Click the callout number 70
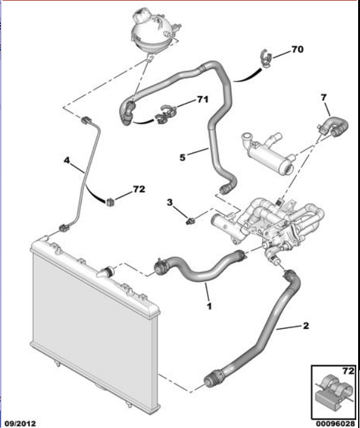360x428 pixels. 297,50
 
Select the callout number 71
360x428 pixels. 203,99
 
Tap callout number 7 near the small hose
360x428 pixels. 324,97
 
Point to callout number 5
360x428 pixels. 183,158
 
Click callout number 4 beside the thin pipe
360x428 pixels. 67,160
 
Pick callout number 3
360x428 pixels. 169,203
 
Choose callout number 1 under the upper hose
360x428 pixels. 209,306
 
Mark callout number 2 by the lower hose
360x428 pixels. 305,326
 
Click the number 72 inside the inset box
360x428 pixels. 348,371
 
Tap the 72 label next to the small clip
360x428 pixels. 139,189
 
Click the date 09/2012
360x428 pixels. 21,424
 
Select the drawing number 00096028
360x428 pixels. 336,424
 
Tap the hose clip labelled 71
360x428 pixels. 166,114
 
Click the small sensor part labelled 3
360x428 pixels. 191,220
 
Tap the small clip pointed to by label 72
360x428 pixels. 110,202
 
